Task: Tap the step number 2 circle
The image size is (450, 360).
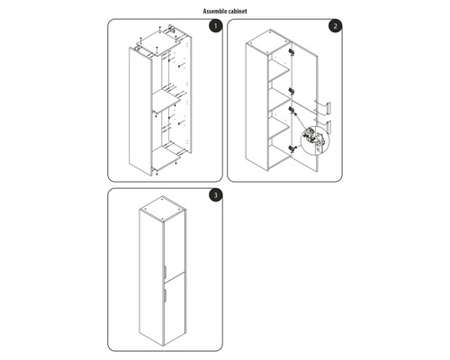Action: (335, 27)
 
